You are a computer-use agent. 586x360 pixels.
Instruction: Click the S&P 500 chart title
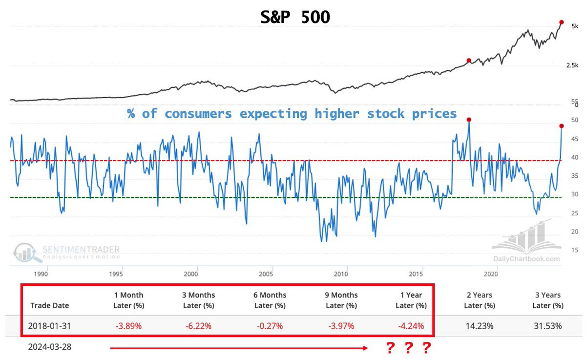click(x=294, y=17)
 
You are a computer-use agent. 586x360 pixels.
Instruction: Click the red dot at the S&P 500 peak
click(x=562, y=22)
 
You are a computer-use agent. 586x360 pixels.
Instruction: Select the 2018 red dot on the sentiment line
click(x=469, y=120)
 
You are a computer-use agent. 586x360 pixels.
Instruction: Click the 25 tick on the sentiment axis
click(x=574, y=213)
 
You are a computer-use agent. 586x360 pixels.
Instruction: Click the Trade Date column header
click(x=49, y=305)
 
